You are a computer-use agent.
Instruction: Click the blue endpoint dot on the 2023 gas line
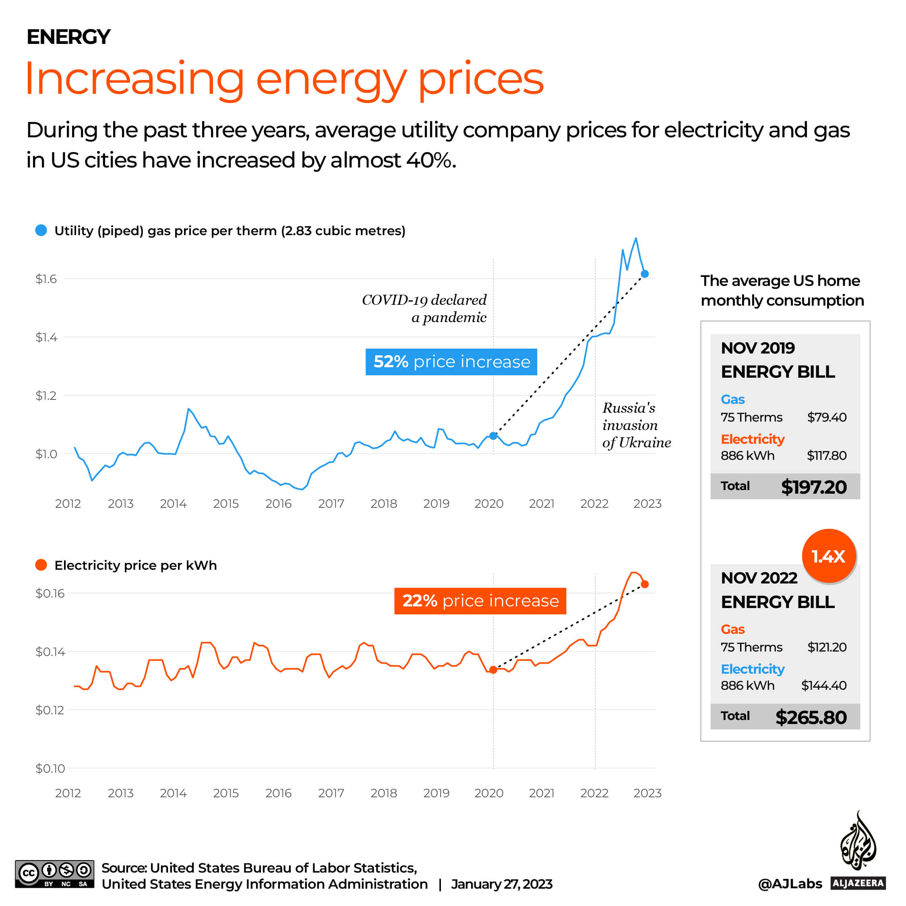645,274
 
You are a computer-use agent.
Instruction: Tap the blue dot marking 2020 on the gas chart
493,436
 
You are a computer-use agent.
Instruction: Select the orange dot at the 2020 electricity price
493,670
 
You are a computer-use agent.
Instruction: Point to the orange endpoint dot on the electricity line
645,584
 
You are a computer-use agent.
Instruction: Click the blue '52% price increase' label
451,362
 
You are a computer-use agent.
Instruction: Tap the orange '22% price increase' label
480,601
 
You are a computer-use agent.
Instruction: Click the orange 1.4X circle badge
829,556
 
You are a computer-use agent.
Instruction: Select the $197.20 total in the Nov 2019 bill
814,487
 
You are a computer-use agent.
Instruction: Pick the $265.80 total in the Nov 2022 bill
811,717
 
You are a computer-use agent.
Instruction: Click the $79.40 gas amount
827,417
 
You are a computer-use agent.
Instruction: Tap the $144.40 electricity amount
823,685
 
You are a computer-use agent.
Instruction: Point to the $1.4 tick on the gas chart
46,337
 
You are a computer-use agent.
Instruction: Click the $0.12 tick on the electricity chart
50,710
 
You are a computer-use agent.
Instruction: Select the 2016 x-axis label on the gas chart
279,504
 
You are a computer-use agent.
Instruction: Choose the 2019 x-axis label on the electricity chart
436,793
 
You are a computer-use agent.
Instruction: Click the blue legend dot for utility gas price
41,230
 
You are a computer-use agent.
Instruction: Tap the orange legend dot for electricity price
41,565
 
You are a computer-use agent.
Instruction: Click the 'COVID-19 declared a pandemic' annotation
424,308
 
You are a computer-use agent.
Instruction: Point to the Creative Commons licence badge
54,874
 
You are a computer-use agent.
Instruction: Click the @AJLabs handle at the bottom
790,883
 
